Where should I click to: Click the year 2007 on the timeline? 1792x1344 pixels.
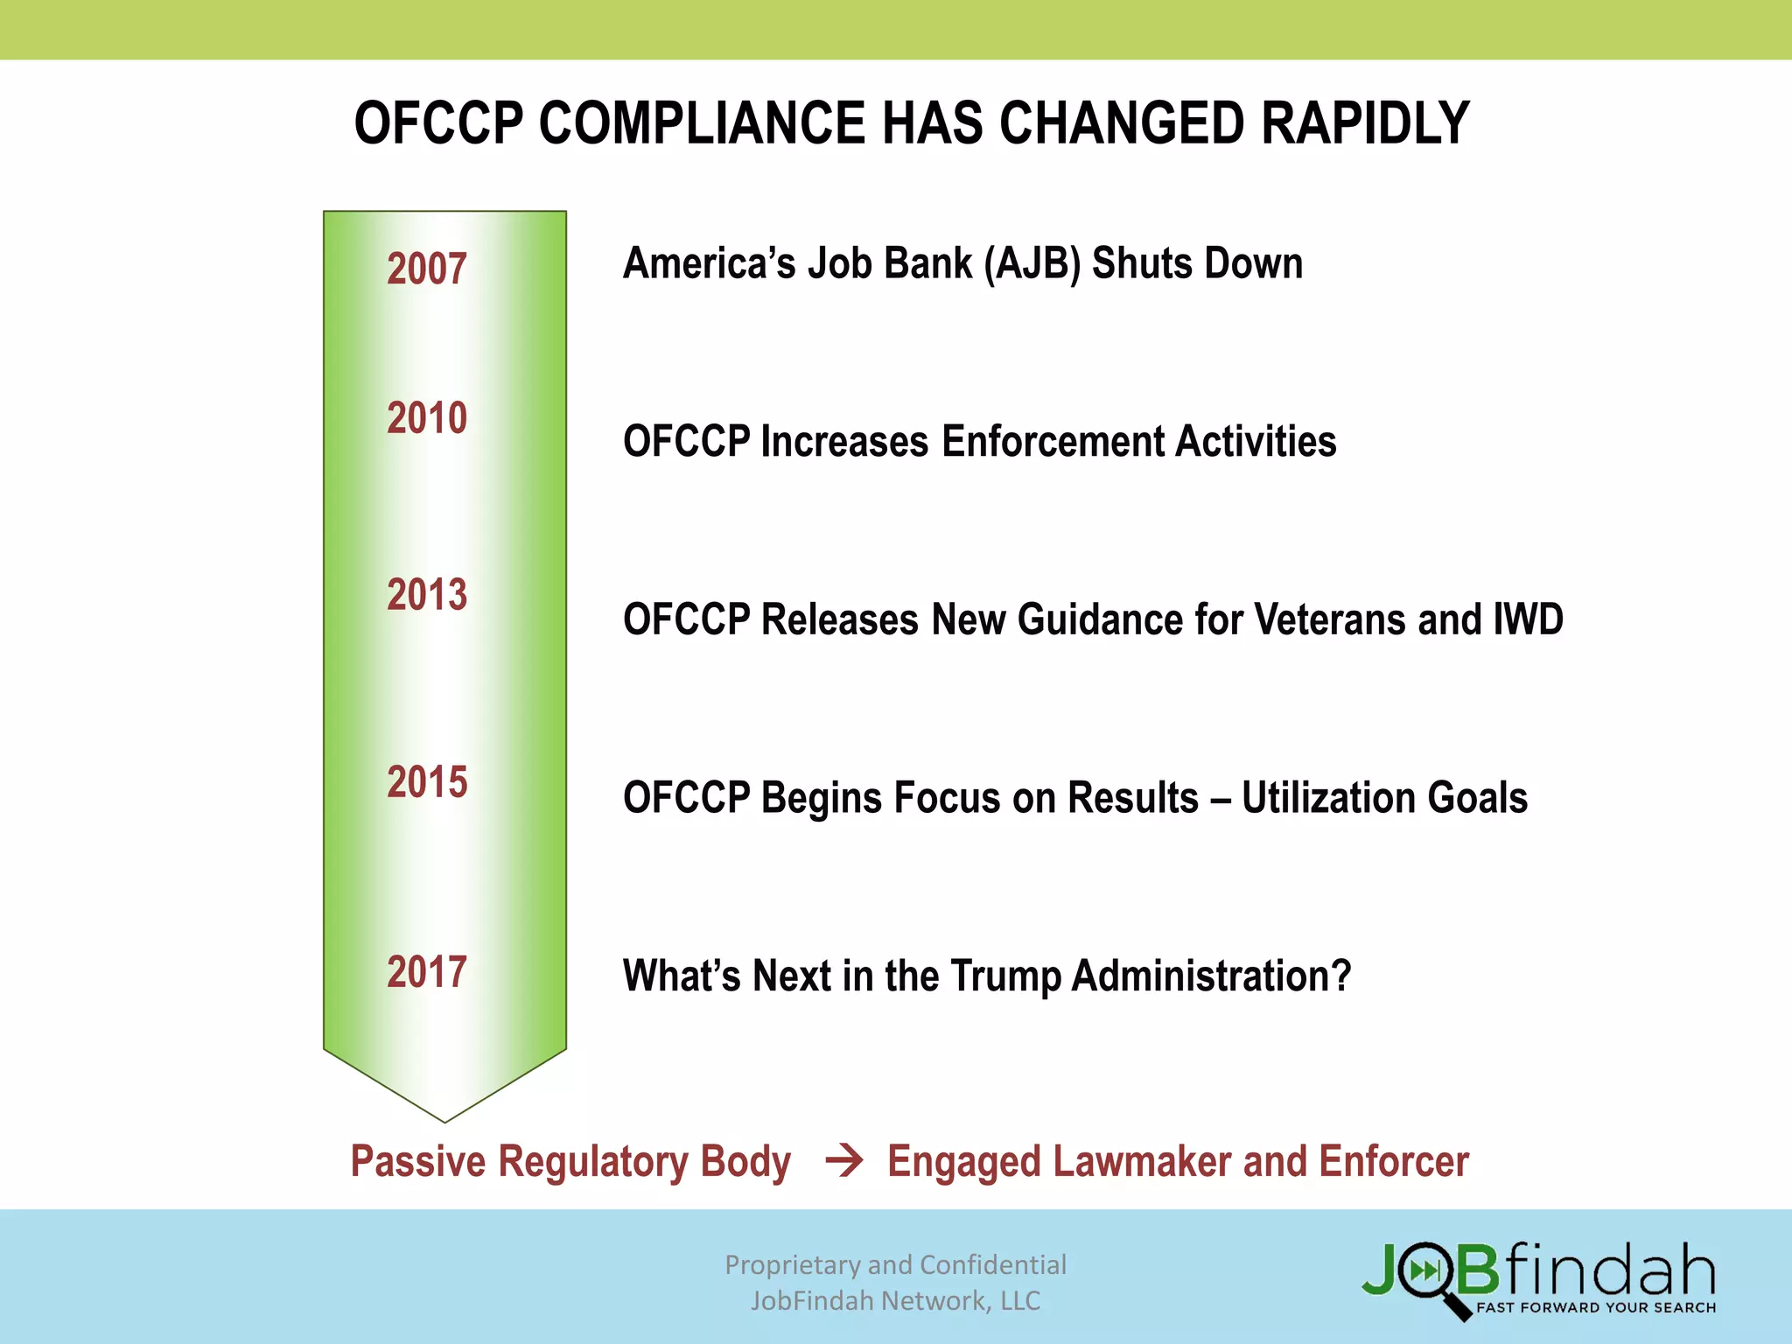(x=427, y=269)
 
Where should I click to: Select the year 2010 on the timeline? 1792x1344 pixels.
(x=427, y=418)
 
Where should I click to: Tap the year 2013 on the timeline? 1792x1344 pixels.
(x=427, y=595)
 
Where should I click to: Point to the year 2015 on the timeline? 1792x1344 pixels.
(x=427, y=782)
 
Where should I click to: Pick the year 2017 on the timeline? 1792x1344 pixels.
(x=427, y=972)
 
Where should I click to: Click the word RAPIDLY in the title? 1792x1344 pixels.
(x=1365, y=123)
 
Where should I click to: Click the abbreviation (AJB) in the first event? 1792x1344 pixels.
(x=1032, y=264)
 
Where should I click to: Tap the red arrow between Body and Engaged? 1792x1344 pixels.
(x=844, y=1161)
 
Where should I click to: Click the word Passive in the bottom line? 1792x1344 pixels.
(x=418, y=1162)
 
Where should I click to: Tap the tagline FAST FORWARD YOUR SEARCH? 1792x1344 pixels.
(x=1595, y=1308)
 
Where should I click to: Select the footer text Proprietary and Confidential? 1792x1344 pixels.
(x=895, y=1265)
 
